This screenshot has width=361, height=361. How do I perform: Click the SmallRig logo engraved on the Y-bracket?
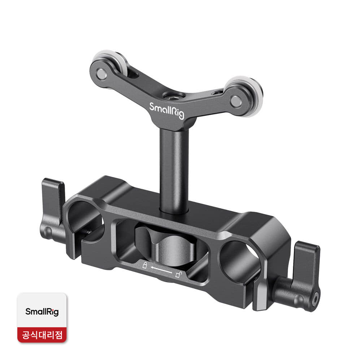pyautogui.click(x=167, y=111)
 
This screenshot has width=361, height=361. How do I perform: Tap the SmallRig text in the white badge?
pyautogui.click(x=42, y=312)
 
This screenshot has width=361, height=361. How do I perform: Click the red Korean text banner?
pyautogui.click(x=42, y=335)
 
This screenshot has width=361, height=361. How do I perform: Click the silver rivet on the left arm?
pyautogui.click(x=101, y=74)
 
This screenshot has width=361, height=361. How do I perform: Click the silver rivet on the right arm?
pyautogui.click(x=236, y=101)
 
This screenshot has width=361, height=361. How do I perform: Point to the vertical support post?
pyautogui.click(x=174, y=170)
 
